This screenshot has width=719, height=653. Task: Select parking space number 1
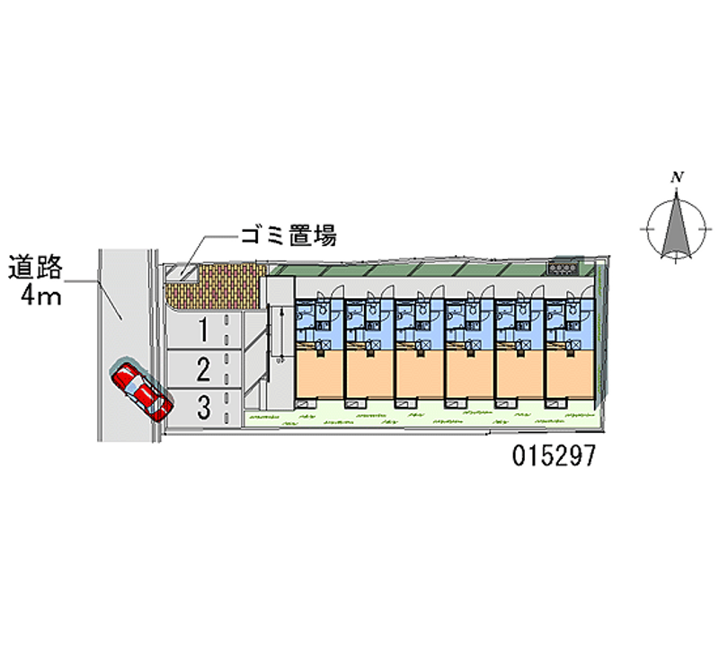(x=203, y=330)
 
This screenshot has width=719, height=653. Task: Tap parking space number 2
(x=203, y=369)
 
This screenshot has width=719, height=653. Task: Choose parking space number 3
(x=203, y=408)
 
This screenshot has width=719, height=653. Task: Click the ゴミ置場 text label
(x=288, y=235)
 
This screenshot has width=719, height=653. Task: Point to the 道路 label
(x=35, y=267)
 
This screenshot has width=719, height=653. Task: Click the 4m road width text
(x=40, y=296)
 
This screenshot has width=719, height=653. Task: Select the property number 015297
(x=554, y=455)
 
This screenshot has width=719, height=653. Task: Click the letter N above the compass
(x=678, y=177)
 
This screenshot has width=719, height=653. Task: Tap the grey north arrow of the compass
(x=677, y=227)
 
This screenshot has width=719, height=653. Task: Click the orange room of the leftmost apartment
(x=319, y=375)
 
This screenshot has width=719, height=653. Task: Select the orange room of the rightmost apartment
(x=570, y=375)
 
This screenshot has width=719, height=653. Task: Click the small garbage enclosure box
(x=182, y=272)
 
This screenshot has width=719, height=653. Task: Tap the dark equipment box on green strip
(x=564, y=268)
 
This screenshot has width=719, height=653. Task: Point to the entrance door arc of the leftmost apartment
(x=336, y=291)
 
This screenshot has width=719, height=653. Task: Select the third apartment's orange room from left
(x=419, y=375)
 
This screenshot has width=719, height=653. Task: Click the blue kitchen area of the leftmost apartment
(x=319, y=320)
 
